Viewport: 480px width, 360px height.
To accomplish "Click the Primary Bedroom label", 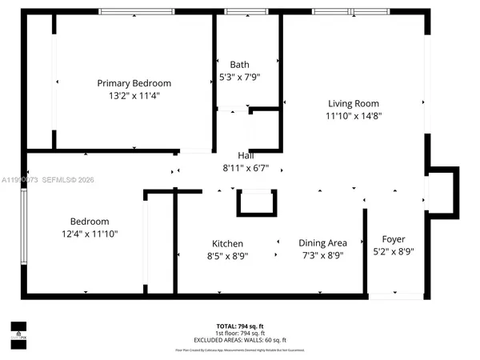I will [x=134, y=83].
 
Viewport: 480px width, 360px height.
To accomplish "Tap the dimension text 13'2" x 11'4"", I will [x=134, y=96].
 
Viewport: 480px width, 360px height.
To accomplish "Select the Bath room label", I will [x=239, y=65].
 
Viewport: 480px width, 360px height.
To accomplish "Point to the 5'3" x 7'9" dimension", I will [x=239, y=78].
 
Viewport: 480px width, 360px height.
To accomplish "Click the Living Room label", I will [x=353, y=103].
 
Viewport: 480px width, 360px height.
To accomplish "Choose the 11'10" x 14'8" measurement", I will [x=353, y=116].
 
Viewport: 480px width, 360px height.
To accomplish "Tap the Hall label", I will [x=246, y=155].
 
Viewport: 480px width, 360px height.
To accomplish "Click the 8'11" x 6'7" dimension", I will [x=246, y=168].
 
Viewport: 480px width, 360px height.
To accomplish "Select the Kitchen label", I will [x=227, y=243].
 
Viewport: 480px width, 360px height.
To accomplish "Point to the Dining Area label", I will [x=322, y=243].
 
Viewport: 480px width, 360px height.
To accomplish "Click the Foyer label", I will [x=393, y=239].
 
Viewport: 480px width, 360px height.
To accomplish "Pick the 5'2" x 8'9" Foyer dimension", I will [x=393, y=252].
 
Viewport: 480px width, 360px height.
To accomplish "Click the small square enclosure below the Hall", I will [x=256, y=202].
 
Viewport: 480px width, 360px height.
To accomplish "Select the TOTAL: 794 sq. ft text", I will [x=239, y=326].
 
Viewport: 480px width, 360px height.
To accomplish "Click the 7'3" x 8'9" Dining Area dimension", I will [x=322, y=256].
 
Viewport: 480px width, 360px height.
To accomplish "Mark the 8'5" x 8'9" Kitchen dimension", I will [x=227, y=256].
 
